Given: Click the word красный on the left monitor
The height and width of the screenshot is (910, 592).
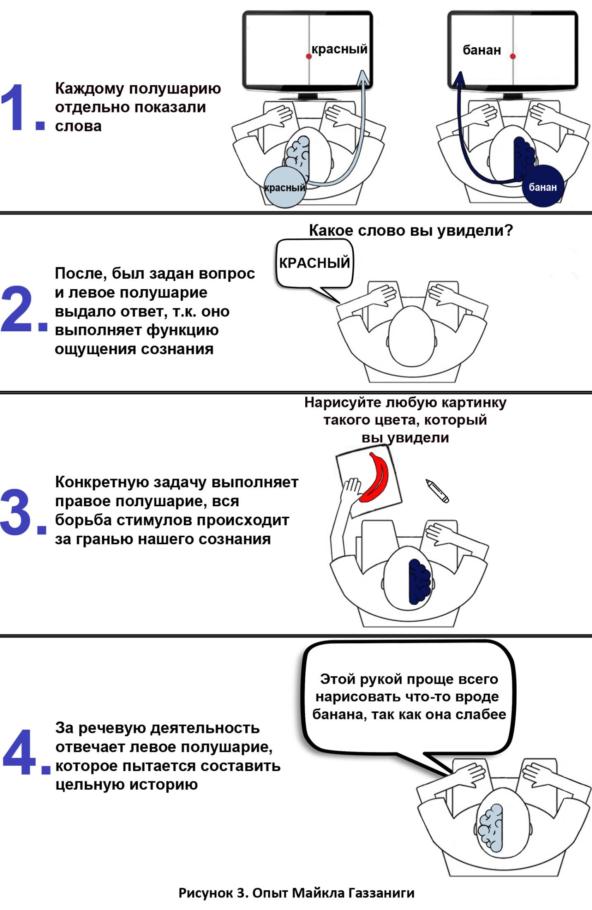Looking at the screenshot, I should pos(339,49).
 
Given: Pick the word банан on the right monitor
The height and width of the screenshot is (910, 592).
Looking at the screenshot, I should pos(482,50).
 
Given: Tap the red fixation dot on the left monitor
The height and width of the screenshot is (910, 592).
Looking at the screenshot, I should pos(309,56).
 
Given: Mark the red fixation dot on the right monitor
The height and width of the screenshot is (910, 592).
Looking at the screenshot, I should pos(513,56).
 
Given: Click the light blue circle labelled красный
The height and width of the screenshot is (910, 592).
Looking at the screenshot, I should pos(285,187).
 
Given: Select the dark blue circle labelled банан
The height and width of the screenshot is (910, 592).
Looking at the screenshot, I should pos(542,187).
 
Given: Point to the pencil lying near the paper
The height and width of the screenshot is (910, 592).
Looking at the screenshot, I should pos(437,491).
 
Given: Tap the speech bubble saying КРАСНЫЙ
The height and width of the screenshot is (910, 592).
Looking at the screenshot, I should pos(314,263).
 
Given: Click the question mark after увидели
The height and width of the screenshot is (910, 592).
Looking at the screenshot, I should pos(509,230).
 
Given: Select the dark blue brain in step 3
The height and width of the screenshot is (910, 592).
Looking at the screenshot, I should pos(419,581).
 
